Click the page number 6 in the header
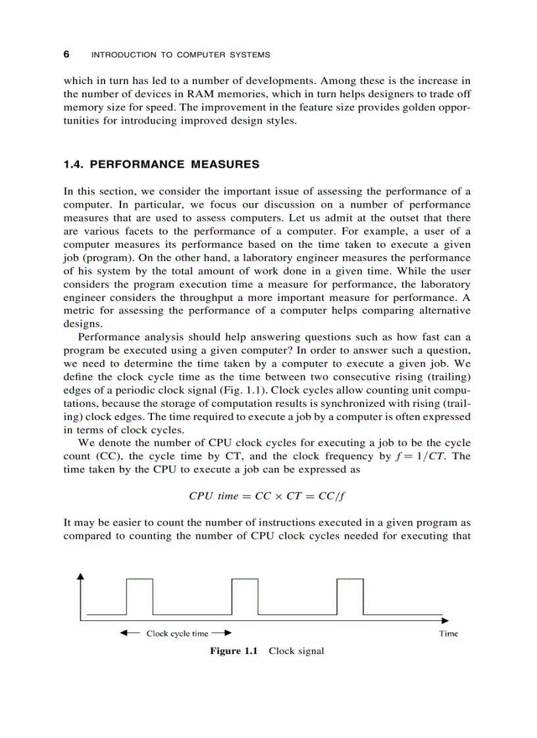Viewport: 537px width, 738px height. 66,55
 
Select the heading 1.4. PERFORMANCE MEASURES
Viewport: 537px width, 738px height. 161,165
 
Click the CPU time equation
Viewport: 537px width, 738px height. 267,496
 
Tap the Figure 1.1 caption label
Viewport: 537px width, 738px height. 234,651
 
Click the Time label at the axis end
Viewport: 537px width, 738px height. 448,634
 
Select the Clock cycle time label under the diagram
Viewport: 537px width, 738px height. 177,634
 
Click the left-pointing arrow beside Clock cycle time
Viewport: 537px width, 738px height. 129,634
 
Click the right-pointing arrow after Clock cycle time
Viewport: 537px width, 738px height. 224,634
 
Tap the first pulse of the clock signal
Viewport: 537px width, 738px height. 140,595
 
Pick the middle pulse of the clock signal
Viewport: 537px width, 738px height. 245,595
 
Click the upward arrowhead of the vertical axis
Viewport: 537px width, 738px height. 81,576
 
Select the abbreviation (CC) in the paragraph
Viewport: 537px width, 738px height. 115,456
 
